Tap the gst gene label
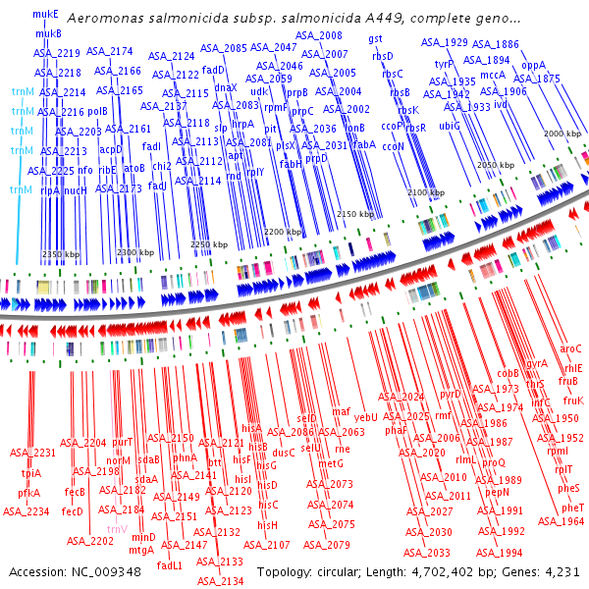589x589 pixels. tap(375, 37)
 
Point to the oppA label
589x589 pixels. tap(533, 65)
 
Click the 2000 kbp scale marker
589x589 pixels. tap(562, 134)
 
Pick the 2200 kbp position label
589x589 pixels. tap(283, 232)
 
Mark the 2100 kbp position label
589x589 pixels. tap(426, 193)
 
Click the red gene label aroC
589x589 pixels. tap(570, 348)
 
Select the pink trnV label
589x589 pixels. tap(117, 529)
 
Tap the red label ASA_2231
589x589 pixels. tap(33, 453)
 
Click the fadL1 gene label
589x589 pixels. tap(170, 564)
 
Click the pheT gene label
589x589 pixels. tap(573, 507)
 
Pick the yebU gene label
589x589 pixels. tap(366, 417)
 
